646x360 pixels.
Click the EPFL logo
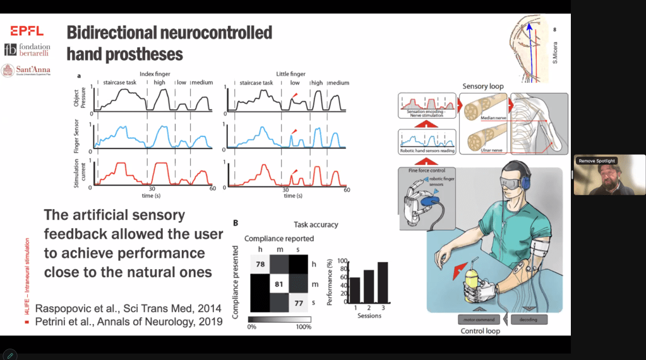point(27,30)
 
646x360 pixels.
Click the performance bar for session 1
point(355,290)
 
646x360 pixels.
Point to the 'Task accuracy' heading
point(316,224)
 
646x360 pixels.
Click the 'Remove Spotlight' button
point(597,161)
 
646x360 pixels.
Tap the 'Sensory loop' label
point(483,86)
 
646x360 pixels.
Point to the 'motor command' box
point(480,320)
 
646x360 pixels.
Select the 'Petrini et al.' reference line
point(129,322)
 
